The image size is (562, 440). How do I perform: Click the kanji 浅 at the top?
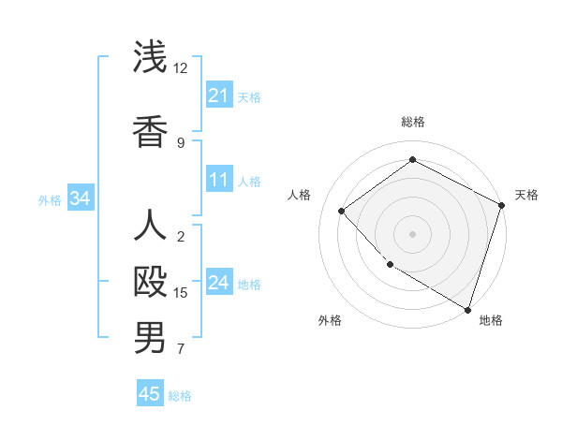pyautogui.click(x=151, y=57)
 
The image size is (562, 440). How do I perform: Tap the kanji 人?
pyautogui.click(x=151, y=227)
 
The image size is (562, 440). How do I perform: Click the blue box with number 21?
pyautogui.click(x=219, y=95)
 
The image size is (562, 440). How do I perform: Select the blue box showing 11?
pyautogui.click(x=219, y=180)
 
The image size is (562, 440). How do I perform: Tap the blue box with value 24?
pyautogui.click(x=219, y=284)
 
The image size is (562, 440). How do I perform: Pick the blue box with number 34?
pyautogui.click(x=81, y=198)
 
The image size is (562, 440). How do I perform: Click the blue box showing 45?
pyautogui.click(x=150, y=394)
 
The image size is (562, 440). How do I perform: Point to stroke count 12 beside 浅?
pyautogui.click(x=181, y=68)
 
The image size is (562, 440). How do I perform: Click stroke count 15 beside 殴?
pyautogui.click(x=181, y=293)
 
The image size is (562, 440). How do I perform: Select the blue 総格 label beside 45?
pyautogui.click(x=180, y=396)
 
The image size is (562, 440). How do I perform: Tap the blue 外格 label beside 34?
pyautogui.click(x=50, y=199)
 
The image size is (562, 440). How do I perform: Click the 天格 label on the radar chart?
pyautogui.click(x=526, y=195)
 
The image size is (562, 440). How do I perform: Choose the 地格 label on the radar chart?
pyautogui.click(x=491, y=320)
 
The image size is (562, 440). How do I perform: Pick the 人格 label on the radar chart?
pyautogui.click(x=300, y=195)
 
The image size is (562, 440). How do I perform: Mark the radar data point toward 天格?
pyautogui.click(x=501, y=204)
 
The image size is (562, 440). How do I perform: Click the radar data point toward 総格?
pyautogui.click(x=412, y=160)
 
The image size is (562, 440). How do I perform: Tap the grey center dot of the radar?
pyautogui.click(x=412, y=233)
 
